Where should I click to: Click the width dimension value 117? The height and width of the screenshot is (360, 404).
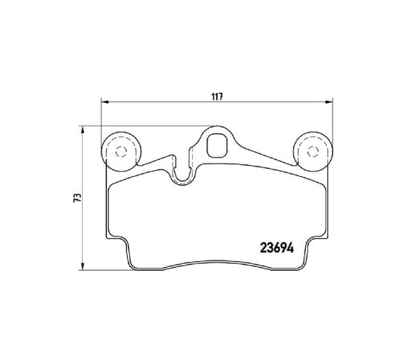click(216, 96)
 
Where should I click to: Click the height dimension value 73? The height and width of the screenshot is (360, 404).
click(78, 198)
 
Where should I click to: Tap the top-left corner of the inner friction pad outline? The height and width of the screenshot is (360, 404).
click(111, 184)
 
